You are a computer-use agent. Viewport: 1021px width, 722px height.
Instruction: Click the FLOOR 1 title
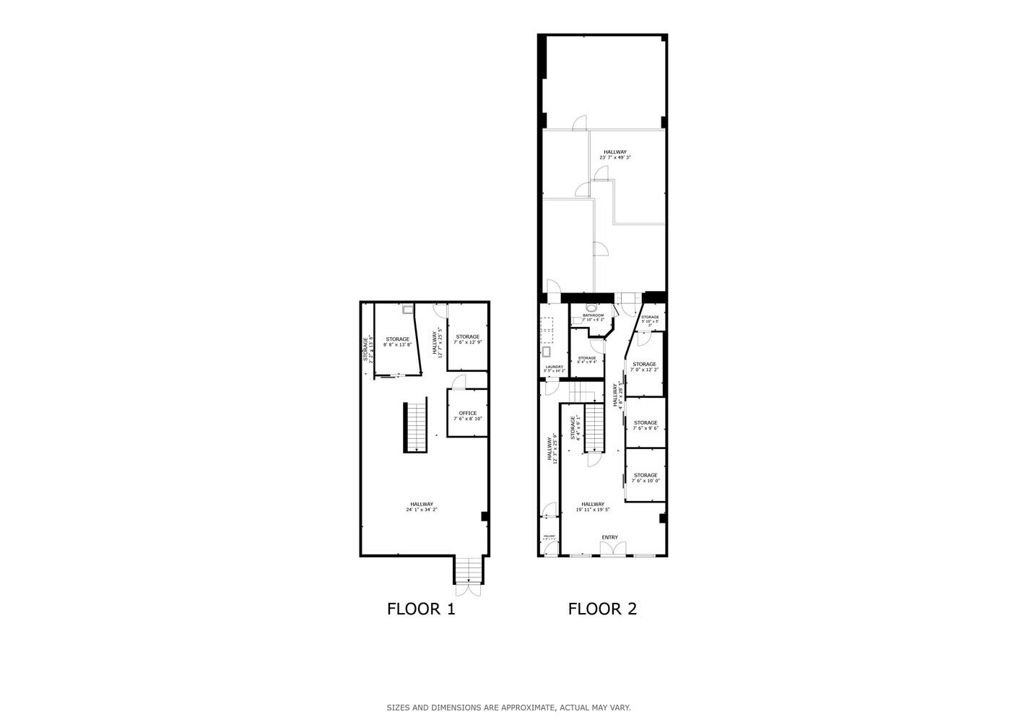pyautogui.click(x=421, y=609)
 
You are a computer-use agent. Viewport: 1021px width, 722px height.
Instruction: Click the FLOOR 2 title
pyautogui.click(x=602, y=609)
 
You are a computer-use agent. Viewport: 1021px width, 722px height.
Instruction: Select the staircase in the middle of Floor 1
pyautogui.click(x=415, y=427)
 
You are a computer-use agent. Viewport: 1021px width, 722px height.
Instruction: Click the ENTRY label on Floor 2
pyautogui.click(x=609, y=537)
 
